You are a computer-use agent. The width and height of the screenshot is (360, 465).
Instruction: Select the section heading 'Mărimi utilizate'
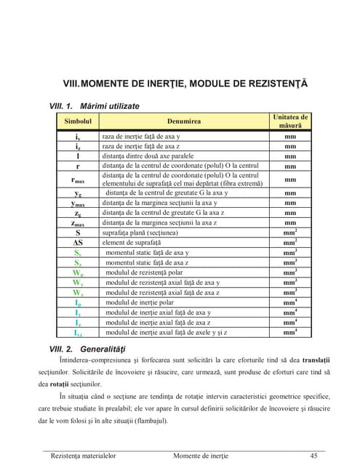(x=110, y=106)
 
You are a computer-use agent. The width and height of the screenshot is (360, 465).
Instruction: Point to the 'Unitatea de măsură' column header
(x=289, y=121)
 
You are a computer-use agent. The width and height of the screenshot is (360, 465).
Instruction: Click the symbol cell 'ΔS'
(x=77, y=243)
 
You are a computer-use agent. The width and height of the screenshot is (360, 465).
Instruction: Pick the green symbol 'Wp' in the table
(x=77, y=272)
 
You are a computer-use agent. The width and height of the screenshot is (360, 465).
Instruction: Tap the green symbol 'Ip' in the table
(x=77, y=302)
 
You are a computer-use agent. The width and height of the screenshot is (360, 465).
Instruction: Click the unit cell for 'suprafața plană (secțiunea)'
(x=289, y=232)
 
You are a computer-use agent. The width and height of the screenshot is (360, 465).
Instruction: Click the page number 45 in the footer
(x=314, y=456)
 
